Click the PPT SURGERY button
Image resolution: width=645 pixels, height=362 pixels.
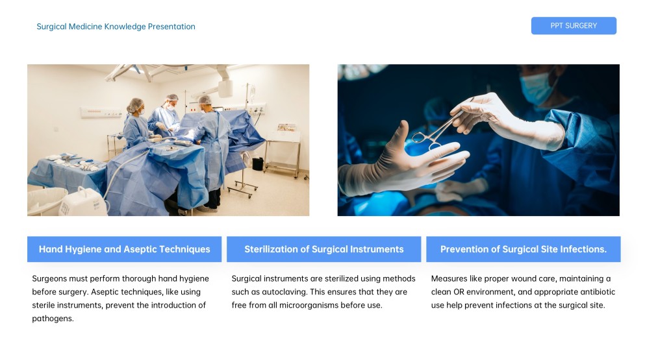574,26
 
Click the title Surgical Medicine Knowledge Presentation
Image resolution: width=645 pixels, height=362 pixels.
116,27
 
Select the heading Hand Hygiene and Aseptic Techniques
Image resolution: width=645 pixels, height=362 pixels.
124,249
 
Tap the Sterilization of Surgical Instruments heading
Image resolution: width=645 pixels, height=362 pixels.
323,249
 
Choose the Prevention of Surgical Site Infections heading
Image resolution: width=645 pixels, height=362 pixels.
523,249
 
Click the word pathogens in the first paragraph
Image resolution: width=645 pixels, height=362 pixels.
53,319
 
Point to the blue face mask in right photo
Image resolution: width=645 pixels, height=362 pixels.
536,88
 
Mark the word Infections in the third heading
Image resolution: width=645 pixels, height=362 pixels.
583,249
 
